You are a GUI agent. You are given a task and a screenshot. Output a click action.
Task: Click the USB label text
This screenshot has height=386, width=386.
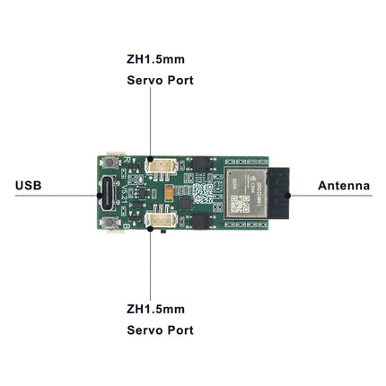click(29, 186)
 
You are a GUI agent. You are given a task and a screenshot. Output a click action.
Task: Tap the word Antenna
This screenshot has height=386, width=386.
click(344, 186)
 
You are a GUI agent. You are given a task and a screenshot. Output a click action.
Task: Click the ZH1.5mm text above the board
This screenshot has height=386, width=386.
click(155, 59)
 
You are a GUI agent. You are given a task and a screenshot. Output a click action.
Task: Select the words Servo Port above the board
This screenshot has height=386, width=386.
click(160, 80)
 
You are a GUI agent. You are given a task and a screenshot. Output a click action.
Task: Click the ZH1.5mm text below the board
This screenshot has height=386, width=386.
click(155, 309)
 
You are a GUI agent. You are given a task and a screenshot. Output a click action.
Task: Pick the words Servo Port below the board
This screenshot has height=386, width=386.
click(160, 330)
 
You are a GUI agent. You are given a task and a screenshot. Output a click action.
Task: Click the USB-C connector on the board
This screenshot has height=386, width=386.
click(108, 193)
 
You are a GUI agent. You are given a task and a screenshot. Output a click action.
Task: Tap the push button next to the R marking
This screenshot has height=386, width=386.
click(110, 162)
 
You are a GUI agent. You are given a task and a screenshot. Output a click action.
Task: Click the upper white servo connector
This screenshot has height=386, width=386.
click(161, 166)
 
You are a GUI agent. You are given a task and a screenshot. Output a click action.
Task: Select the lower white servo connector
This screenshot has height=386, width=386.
click(161, 220)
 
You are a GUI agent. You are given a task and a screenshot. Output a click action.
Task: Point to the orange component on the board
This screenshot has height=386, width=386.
click(169, 194)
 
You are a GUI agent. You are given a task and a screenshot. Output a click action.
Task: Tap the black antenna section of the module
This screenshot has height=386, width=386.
click(278, 193)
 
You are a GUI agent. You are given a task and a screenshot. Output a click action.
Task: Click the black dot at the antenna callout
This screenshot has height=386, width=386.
click(288, 196)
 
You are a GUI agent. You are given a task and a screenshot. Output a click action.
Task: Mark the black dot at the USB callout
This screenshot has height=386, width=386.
click(100, 196)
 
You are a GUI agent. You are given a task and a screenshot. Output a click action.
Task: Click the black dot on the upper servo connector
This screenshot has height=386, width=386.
click(150, 159)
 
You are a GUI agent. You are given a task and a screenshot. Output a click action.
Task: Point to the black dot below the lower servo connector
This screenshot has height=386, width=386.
click(150, 229)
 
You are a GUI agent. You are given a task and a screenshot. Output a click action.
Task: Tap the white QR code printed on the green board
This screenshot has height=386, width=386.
click(202, 193)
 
